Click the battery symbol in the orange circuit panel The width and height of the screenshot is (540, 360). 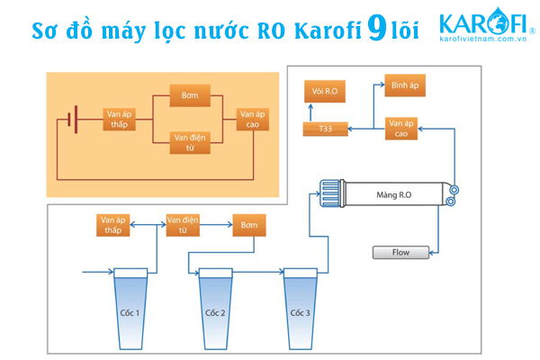pyautogui.click(x=72, y=118)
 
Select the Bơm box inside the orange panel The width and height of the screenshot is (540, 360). pyautogui.click(x=189, y=95)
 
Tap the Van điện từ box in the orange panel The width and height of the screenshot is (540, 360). pyautogui.click(x=189, y=141)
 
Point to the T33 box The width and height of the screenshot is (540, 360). pyautogui.click(x=325, y=130)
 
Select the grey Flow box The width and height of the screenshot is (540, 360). pyautogui.click(x=400, y=252)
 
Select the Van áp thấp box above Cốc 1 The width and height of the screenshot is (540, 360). pyautogui.click(x=113, y=224)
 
